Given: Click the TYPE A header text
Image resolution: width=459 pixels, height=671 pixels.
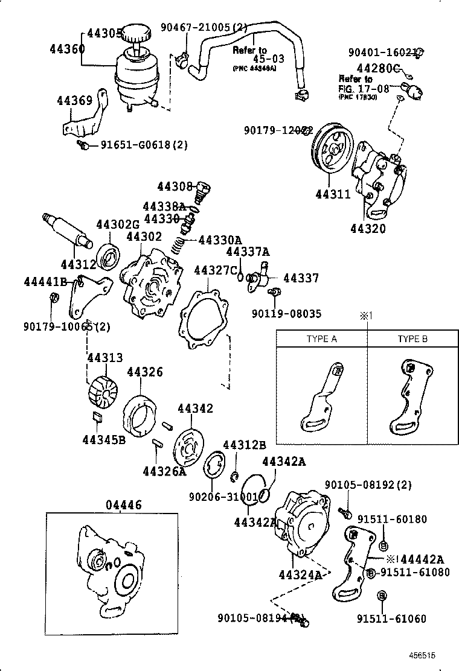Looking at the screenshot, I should (x=321, y=339).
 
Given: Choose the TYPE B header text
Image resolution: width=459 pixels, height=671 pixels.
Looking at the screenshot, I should (x=412, y=339).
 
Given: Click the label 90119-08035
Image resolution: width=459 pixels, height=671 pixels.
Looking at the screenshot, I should (x=286, y=314).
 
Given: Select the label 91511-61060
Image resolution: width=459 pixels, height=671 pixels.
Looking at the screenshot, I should (x=399, y=619).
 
